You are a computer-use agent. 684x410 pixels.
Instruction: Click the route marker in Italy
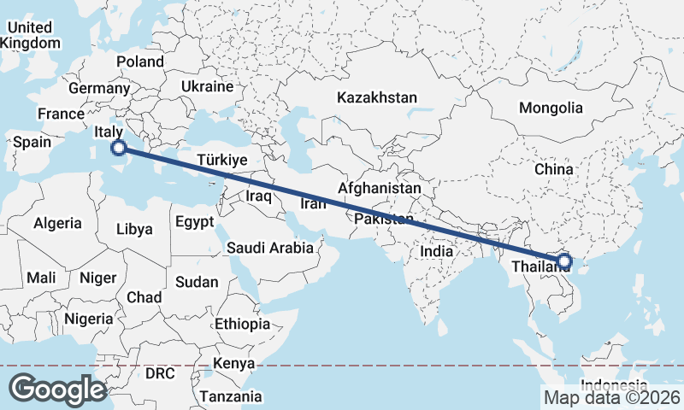[119, 149]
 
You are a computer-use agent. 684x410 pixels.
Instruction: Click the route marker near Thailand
[564, 261]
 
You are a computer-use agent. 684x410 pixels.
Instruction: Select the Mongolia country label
[551, 108]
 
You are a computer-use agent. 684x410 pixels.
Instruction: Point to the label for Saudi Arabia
[269, 248]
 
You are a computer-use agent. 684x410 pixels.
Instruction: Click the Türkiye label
[221, 160]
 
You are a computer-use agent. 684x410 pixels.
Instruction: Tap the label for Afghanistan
[380, 188]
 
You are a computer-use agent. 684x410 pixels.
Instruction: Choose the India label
[437, 252]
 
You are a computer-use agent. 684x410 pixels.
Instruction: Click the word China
[553, 169]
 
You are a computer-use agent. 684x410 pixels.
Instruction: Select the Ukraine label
[207, 86]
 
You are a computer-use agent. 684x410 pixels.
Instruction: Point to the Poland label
[140, 61]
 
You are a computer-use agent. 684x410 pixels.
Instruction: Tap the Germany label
[98, 88]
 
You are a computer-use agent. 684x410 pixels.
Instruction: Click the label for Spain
[32, 142]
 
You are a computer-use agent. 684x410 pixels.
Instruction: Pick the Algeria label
[57, 223]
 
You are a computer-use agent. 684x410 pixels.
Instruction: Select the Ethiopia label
[242, 325]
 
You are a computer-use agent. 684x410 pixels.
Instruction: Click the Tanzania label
[230, 396]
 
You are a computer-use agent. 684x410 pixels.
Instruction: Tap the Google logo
[57, 389]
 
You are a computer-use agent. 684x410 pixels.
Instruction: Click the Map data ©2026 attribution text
[612, 397]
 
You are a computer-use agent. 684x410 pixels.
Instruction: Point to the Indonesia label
[612, 384]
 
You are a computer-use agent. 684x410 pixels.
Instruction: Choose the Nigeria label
[88, 319]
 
